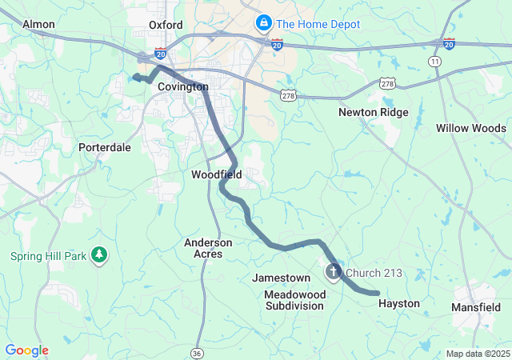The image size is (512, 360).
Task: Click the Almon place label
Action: [x=38, y=25]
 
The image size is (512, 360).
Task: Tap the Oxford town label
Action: [x=166, y=26]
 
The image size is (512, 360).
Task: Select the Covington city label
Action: [x=182, y=87]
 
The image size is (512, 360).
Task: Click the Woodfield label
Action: [x=216, y=174]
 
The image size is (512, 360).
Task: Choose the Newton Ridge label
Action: [x=373, y=113]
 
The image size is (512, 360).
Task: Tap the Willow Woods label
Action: [x=470, y=129]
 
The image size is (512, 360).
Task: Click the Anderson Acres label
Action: [x=208, y=248]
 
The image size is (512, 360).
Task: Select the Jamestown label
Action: [x=281, y=278]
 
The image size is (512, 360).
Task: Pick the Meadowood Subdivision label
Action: [x=295, y=300]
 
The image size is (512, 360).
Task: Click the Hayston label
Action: [x=398, y=304]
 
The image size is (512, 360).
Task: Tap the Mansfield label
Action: [x=476, y=307]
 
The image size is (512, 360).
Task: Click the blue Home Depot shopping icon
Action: [x=262, y=24]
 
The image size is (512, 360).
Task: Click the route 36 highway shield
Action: [x=197, y=352]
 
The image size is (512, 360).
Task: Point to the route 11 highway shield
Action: [x=435, y=61]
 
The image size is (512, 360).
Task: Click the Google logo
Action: [x=26, y=350]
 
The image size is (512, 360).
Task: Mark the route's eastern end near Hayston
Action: [x=377, y=294]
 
